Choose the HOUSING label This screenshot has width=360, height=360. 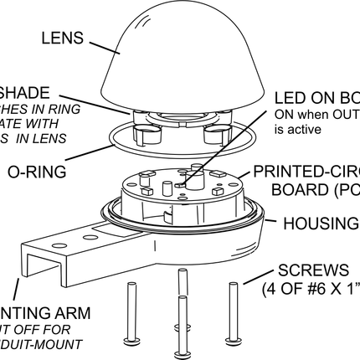pos(321,223)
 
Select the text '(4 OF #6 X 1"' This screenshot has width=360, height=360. pos(311,290)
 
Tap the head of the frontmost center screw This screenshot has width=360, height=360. pos(181,352)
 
